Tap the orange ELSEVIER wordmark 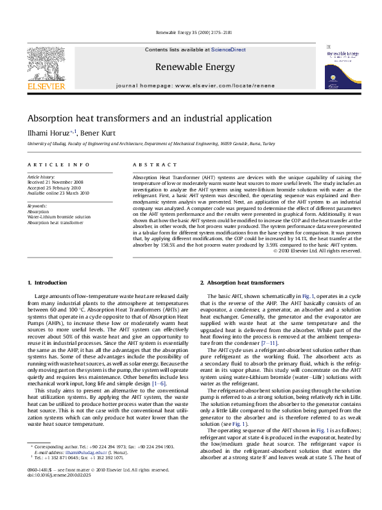point(46,85)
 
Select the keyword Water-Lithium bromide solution point(58,217)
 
